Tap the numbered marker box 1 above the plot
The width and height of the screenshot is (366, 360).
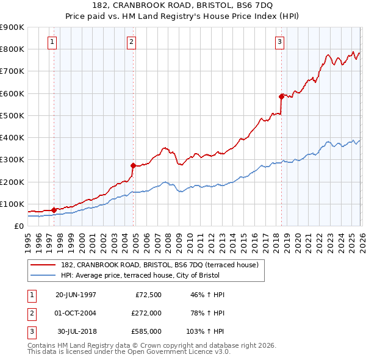tap(52, 42)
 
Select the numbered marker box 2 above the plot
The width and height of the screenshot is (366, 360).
tap(131, 42)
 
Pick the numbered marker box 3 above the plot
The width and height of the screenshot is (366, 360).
tap(279, 42)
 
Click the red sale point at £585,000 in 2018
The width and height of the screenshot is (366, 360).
tap(281, 96)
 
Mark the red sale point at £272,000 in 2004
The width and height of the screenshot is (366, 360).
tap(133, 165)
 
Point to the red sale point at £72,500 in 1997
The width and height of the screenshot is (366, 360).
tap(54, 209)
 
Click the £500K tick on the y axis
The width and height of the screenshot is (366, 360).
tap(12, 115)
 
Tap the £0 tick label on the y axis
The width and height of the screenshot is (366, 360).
tap(18, 226)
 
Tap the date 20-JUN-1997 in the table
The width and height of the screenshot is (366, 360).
tap(76, 294)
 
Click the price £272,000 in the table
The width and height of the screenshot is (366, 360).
tap(146, 313)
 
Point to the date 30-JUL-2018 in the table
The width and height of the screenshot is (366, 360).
tap(76, 332)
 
